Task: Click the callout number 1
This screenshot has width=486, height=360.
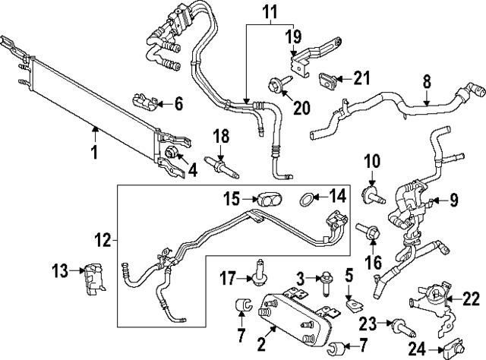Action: [94, 153]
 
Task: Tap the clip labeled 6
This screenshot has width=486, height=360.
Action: [146, 100]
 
